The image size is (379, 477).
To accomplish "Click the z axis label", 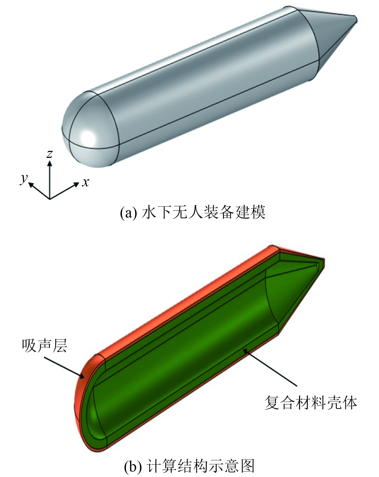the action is [49, 154].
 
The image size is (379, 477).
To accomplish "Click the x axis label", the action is [85, 182].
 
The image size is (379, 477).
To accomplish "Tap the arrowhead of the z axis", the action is [50, 162].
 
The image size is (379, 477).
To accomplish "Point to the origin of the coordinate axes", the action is [50, 199].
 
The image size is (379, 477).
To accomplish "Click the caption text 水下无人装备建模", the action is [203, 213].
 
